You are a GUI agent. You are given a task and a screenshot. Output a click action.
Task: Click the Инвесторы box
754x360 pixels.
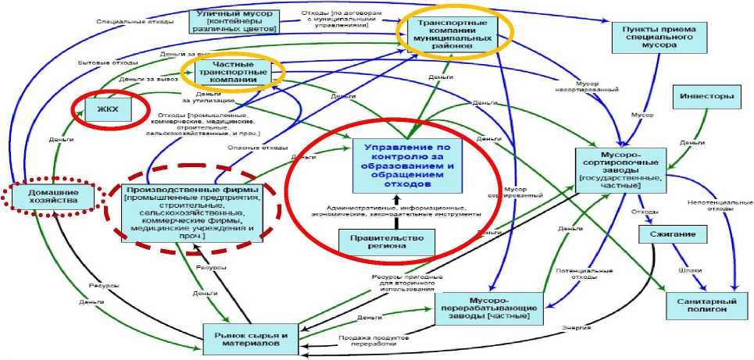pos(705,97)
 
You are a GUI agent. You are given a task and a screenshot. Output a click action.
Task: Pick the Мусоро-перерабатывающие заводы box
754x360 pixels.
pos(488,308)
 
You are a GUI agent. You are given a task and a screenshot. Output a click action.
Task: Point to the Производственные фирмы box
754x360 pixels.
pos(192,209)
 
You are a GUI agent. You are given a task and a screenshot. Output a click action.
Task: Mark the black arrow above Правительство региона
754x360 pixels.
pos(386,221)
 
